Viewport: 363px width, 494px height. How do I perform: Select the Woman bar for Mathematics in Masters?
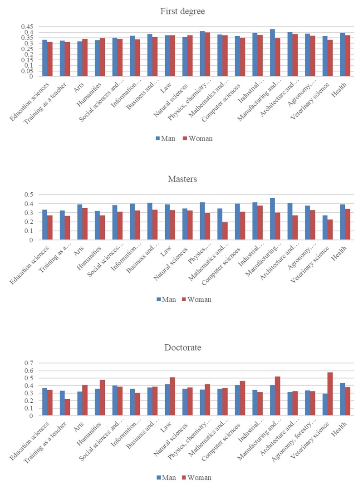point(225,231)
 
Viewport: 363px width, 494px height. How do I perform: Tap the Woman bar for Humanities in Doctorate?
point(102,397)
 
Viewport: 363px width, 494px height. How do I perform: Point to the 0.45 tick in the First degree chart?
point(29,27)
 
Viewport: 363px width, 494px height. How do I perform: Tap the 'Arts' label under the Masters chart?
point(78,249)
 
